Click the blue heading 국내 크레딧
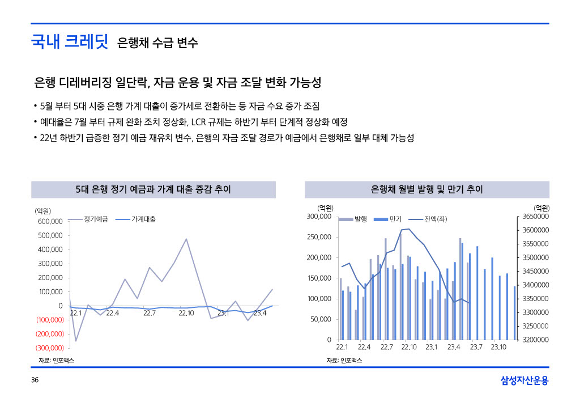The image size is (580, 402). point(69,41)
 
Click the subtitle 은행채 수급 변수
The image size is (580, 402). point(157,43)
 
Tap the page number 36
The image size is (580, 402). point(35,380)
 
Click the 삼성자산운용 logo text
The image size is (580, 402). point(524,380)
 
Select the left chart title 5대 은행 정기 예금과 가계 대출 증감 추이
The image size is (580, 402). point(153,189)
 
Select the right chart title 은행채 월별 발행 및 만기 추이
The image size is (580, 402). point(427,189)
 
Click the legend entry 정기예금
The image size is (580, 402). point(96,219)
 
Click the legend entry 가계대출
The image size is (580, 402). point(144,219)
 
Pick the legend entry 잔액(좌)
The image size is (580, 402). point(436,219)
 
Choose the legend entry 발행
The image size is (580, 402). point(361,219)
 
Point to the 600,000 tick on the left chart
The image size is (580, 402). point(50,221)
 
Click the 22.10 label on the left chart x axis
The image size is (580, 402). point(186,313)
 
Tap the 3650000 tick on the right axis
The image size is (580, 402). point(535,217)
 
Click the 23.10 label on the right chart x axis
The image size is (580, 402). point(498,347)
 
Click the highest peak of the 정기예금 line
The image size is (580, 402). point(186,239)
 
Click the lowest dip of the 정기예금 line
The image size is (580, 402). point(76,341)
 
